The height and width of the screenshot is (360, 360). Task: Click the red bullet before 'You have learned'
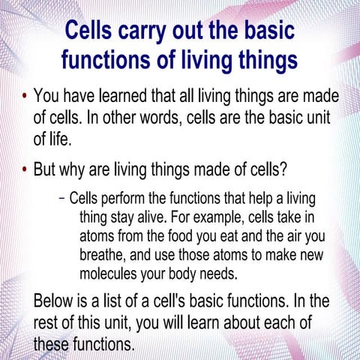click(x=24, y=98)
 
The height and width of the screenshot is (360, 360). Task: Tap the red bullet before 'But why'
click(x=24, y=168)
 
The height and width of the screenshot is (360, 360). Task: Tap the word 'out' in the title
click(x=212, y=32)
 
